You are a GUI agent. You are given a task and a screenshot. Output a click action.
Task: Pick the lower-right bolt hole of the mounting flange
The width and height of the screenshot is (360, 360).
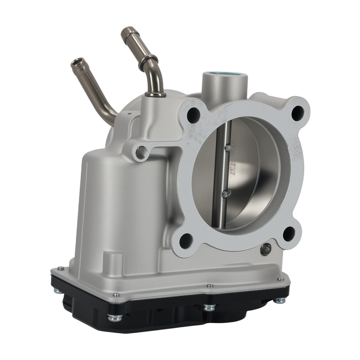(289, 234)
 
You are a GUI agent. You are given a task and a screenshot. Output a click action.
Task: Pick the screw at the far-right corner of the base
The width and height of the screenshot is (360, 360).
(280, 279)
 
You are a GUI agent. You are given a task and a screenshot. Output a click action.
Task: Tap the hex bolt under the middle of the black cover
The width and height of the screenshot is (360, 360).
(209, 307)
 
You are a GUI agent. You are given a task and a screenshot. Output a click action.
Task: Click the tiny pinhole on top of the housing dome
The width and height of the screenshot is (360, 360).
(129, 114)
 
